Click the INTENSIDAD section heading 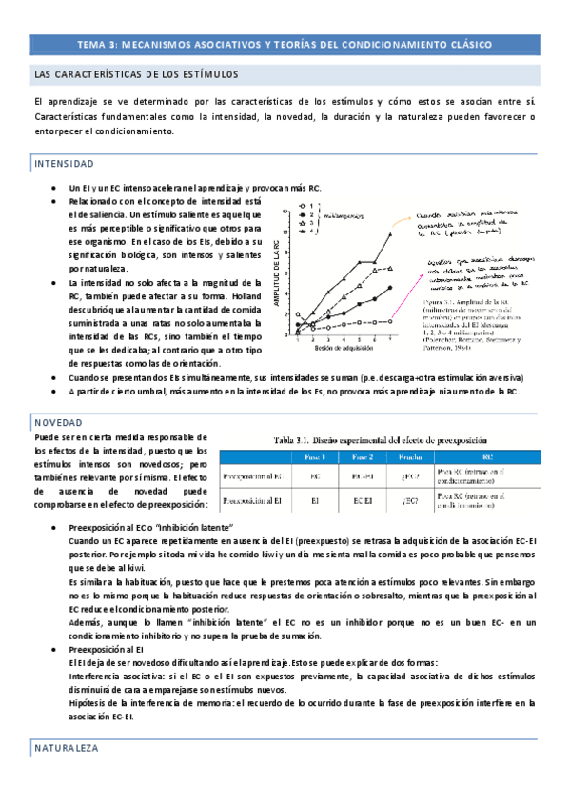point(64,164)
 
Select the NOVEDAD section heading point(58,421)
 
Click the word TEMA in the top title point(90,45)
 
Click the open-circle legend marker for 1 point(301,206)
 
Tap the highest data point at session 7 point(389,234)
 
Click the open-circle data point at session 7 point(389,320)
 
